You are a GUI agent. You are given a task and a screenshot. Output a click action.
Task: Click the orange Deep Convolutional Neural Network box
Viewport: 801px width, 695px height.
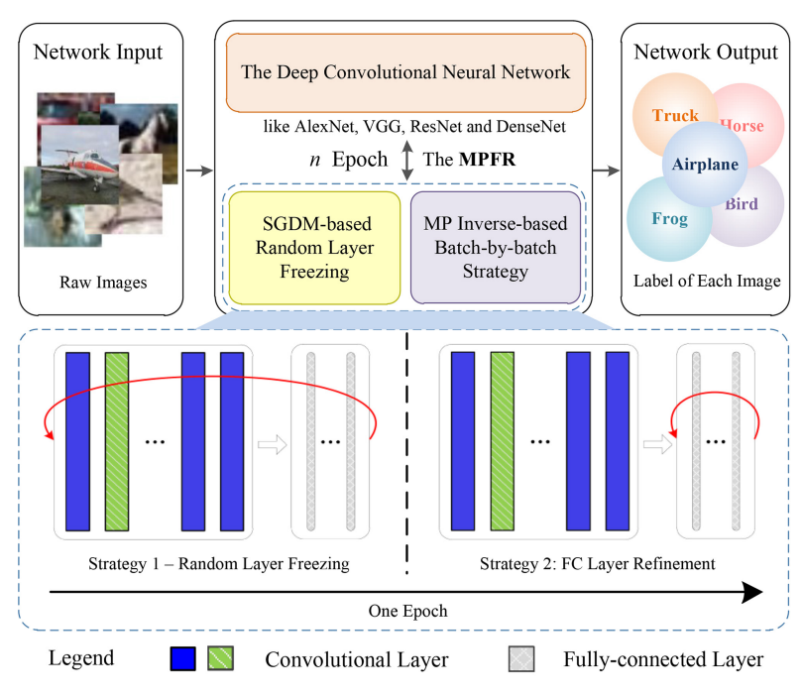405,72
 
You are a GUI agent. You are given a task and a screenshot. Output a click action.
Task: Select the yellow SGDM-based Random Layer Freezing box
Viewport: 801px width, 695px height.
314,248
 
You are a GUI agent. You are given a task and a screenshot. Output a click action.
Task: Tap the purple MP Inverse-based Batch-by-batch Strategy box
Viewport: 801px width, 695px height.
496,247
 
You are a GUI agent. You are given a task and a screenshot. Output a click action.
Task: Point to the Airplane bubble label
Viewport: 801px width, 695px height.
705,164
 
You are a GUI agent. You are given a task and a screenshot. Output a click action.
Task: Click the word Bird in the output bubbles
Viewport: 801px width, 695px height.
742,204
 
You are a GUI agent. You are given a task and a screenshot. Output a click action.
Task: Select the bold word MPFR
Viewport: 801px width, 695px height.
488,159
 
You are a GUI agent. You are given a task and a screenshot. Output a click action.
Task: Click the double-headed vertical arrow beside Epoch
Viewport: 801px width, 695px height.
407,160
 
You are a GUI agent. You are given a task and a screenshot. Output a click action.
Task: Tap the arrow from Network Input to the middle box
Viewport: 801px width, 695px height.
199,171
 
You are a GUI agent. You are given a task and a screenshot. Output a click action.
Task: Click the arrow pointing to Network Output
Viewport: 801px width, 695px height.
607,171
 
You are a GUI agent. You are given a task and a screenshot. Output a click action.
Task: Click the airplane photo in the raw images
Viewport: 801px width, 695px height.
79,165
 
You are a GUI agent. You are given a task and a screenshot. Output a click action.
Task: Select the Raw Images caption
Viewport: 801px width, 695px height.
103,283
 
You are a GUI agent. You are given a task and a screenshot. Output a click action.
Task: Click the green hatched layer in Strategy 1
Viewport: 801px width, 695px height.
117,441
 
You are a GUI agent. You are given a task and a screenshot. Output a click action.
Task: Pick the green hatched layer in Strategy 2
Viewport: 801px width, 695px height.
503,441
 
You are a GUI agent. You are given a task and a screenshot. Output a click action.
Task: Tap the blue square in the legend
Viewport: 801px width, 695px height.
182,658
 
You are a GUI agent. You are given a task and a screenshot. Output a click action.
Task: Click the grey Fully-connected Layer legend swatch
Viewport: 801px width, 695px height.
521,658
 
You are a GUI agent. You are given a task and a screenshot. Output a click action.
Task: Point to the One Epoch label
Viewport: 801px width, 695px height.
407,611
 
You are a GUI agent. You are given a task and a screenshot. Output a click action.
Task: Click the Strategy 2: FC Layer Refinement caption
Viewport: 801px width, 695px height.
597,563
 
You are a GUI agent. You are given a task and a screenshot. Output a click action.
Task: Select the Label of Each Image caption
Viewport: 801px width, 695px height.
707,281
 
